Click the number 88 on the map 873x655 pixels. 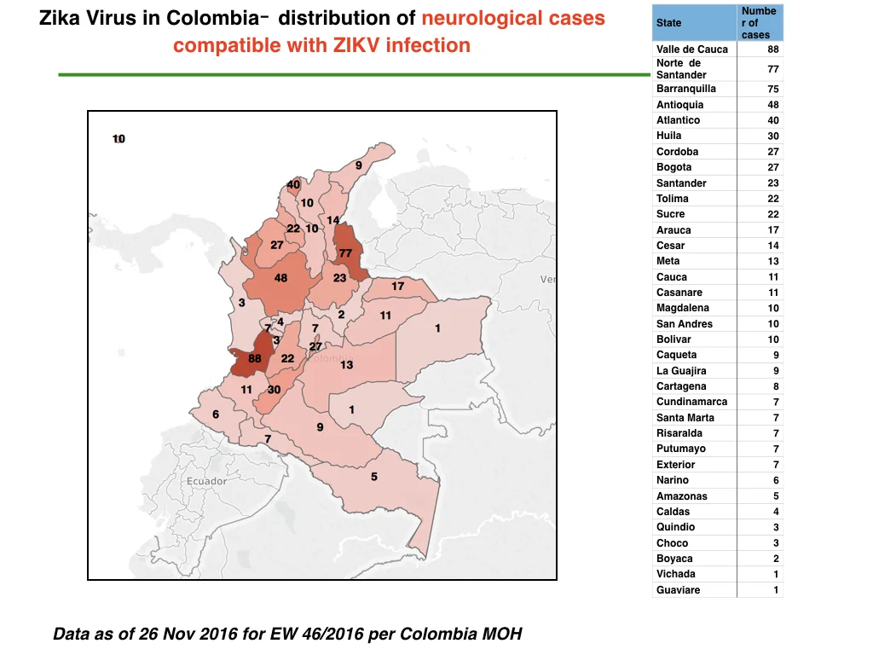[x=254, y=359]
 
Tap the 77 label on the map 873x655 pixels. [x=346, y=253]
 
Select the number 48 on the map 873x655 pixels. [x=280, y=278]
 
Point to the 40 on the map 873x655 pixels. [x=293, y=184]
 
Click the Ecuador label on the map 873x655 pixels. [x=206, y=481]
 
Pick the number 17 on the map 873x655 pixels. [x=397, y=287]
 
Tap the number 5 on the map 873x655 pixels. [x=374, y=477]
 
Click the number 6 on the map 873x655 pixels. [x=216, y=414]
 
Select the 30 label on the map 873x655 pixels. [x=274, y=390]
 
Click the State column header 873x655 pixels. [x=668, y=23]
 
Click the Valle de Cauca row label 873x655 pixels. [x=692, y=49]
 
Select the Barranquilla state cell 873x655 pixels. [x=686, y=89]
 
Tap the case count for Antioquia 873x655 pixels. [x=772, y=105]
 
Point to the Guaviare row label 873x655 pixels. [x=678, y=590]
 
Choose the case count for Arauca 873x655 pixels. [x=772, y=230]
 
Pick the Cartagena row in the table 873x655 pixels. [x=717, y=386]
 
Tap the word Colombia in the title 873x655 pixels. [x=213, y=18]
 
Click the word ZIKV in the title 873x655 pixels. [x=356, y=45]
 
